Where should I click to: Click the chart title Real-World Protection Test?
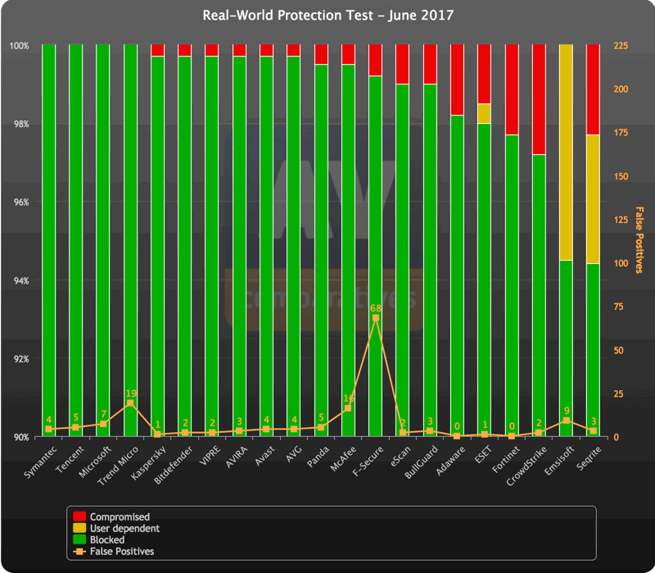click(x=327, y=16)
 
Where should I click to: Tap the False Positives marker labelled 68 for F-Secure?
click(x=375, y=318)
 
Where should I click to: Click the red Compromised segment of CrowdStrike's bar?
click(x=539, y=99)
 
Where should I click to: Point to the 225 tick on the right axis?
click(x=621, y=46)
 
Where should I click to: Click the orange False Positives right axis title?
click(x=639, y=239)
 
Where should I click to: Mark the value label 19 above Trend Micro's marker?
click(x=130, y=393)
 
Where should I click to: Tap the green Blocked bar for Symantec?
click(x=48, y=238)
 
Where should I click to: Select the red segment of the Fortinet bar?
click(x=511, y=89)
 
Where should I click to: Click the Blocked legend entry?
click(x=106, y=540)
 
